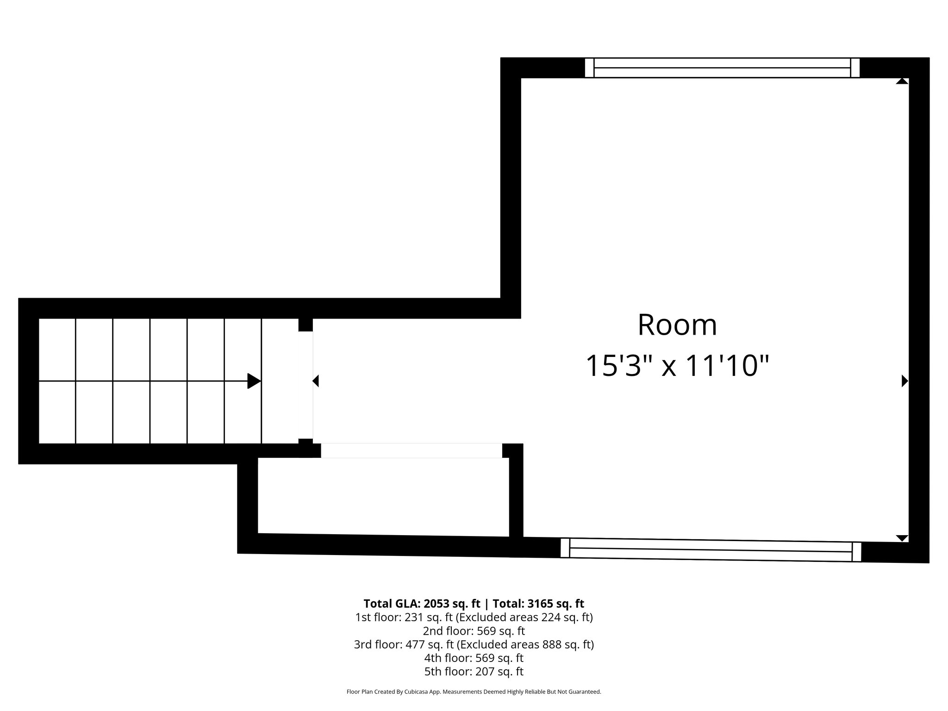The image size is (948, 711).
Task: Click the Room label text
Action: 677,325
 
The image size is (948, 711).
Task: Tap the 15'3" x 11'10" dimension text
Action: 677,366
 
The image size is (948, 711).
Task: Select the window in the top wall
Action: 722,68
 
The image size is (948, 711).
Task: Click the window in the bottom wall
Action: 711,550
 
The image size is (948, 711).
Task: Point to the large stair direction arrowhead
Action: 254,381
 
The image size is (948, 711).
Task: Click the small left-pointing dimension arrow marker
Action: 316,381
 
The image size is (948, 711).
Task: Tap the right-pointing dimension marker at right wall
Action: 904,381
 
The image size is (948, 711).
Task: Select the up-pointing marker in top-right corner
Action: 902,81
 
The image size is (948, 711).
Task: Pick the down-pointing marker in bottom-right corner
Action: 902,538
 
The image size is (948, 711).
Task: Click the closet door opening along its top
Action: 411,450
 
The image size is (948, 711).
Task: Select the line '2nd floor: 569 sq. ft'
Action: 474,631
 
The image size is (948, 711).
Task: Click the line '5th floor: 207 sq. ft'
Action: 474,671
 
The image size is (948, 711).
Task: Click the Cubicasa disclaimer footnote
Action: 474,692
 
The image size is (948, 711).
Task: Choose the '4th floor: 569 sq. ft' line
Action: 474,658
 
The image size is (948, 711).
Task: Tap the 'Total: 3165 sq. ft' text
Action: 538,604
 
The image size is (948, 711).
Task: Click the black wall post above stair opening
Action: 306,324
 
